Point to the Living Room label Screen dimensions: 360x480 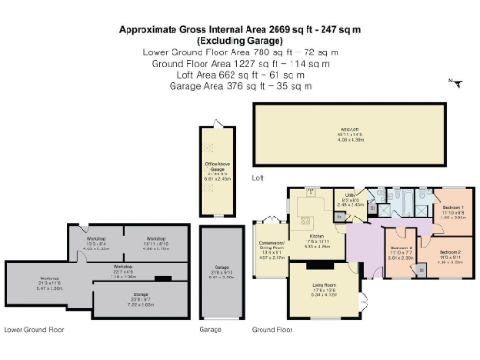click(325, 291)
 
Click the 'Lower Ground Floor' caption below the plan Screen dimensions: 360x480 click(33, 330)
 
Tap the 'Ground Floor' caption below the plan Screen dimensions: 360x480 click(273, 330)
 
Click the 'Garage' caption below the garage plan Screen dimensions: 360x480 click(209, 330)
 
